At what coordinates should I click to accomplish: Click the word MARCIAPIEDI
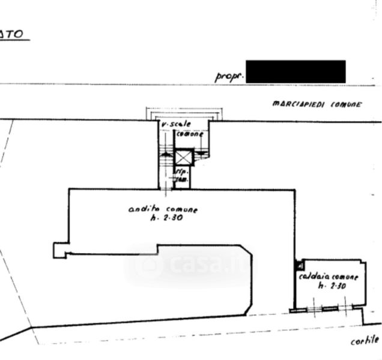[298, 104]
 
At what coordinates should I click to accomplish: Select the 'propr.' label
[228, 76]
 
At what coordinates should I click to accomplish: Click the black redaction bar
[296, 71]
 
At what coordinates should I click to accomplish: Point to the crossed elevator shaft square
[183, 158]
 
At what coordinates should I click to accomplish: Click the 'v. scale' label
[175, 124]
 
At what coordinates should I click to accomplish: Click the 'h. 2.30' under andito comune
[165, 218]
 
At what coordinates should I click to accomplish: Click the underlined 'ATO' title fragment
[12, 34]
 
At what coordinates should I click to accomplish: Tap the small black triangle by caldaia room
[297, 262]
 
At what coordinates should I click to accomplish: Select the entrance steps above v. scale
[184, 114]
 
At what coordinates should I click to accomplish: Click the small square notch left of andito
[59, 250]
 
